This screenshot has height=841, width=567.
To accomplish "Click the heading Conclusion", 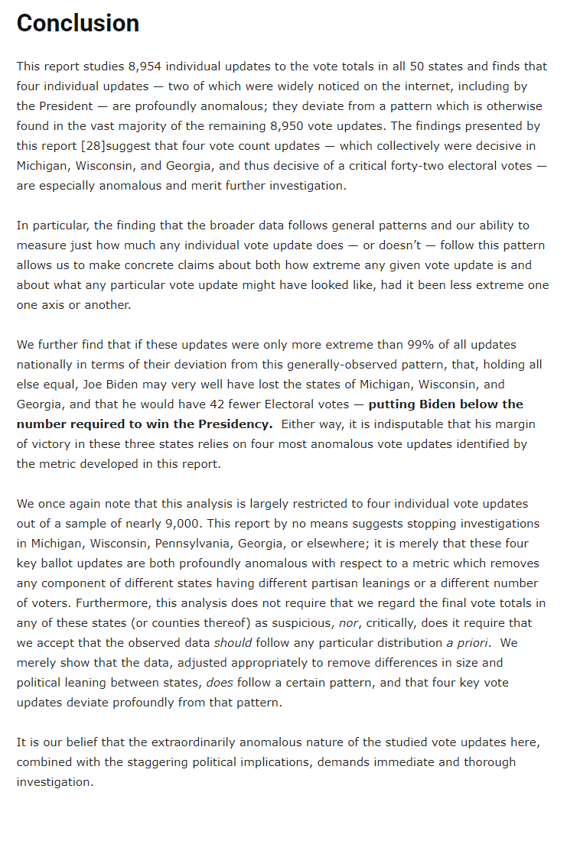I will tap(78, 24).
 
